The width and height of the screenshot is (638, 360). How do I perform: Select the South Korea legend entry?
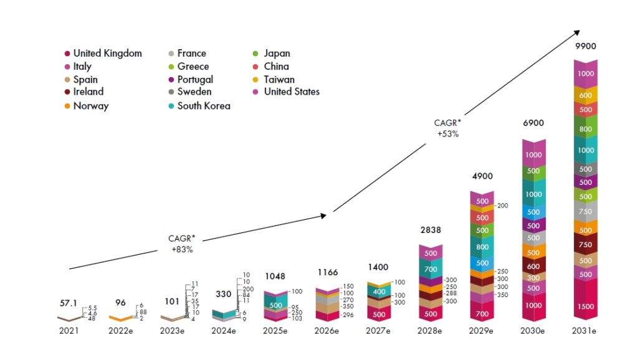[203, 106]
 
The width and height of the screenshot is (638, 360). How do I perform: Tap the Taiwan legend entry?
[279, 80]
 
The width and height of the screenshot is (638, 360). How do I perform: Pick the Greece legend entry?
[193, 67]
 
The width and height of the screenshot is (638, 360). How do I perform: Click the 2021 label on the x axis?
[69, 331]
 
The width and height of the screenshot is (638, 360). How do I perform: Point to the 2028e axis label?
[431, 331]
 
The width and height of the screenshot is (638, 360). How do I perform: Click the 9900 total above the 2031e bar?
[585, 47]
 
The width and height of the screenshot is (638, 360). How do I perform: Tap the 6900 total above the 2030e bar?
[533, 123]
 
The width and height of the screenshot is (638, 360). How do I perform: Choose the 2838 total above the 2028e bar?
[431, 230]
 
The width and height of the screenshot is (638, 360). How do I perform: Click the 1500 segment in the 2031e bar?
[586, 306]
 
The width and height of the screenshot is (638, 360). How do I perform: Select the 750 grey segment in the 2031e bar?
[586, 212]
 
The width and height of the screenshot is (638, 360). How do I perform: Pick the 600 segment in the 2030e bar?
[533, 267]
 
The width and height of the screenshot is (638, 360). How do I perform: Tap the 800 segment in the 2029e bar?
[482, 247]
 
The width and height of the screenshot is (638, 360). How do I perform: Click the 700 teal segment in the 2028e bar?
[431, 270]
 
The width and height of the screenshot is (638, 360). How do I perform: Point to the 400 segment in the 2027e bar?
[379, 291]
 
